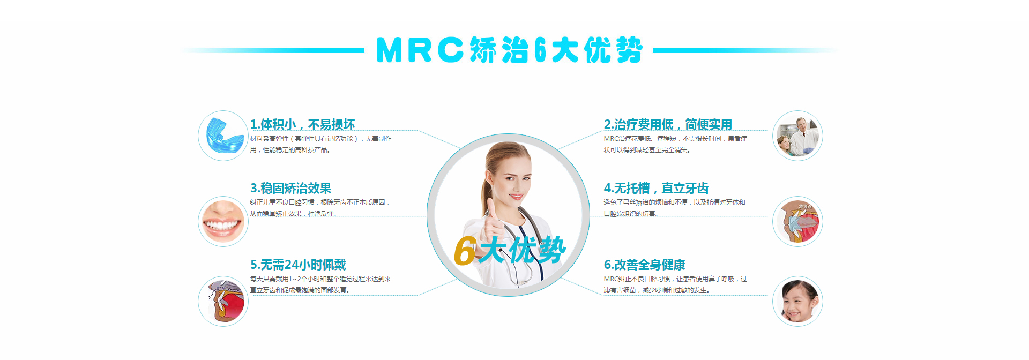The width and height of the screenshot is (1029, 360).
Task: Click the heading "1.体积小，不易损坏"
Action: (302, 124)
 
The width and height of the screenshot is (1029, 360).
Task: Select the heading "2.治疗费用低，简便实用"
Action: (668, 124)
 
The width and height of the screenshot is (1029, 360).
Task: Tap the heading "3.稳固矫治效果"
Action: (291, 188)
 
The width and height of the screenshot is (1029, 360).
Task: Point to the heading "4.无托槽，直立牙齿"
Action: (656, 188)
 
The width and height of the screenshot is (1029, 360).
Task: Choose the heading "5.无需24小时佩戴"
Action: (298, 265)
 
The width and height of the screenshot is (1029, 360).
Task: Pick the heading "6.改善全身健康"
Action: (644, 265)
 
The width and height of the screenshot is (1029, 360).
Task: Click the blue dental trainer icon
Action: (223, 136)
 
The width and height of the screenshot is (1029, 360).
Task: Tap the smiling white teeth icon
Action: (223, 221)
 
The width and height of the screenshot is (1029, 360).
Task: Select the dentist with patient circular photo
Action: (797, 136)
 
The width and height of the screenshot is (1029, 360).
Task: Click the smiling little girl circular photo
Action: (797, 301)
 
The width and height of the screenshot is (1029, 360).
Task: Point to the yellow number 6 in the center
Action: (465, 251)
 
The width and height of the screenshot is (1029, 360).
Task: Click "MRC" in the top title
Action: (420, 50)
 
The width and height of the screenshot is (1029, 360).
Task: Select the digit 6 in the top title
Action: (540, 50)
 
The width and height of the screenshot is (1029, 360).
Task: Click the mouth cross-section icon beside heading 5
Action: (223, 301)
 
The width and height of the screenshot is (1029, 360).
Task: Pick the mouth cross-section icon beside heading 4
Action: (797, 221)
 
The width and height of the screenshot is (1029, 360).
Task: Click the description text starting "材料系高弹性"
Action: (320, 144)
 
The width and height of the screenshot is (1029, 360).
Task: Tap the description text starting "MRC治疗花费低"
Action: (675, 144)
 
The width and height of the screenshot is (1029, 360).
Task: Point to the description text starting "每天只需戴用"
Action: (320, 284)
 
